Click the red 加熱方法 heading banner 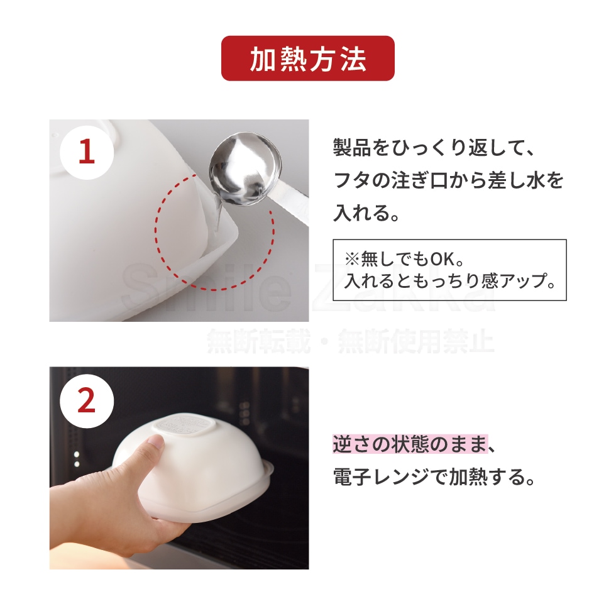point(307,58)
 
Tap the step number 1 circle point(87,152)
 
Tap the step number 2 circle point(87,401)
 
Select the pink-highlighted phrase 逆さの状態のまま point(410,444)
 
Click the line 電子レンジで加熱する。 point(434,477)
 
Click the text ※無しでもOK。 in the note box point(405,258)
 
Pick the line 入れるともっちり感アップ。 point(450,280)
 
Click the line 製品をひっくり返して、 point(434,147)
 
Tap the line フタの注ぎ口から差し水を point(448,180)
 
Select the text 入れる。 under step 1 point(366,212)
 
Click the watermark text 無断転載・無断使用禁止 point(350,341)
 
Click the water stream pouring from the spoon point(217,213)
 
